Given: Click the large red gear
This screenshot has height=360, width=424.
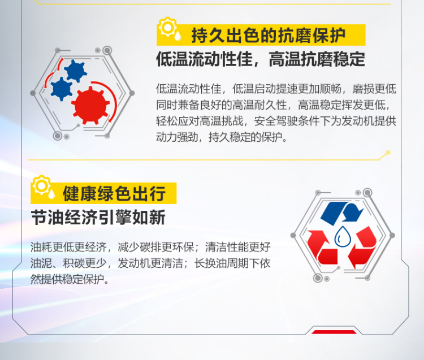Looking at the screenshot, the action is pos(90,106).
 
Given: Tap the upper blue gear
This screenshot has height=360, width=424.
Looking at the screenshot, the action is pos(75,71).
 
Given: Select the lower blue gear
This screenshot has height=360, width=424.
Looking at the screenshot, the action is pos(62,89).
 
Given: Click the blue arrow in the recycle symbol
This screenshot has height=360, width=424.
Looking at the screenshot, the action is pos(342,213).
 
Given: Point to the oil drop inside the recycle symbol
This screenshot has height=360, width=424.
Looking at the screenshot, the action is pos(343,236).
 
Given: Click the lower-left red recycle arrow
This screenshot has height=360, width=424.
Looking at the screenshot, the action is pos(322,248).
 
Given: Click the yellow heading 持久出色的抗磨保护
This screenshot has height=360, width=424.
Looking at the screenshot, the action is pos(268,36).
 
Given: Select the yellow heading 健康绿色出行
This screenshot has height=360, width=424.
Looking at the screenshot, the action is pos(114,193).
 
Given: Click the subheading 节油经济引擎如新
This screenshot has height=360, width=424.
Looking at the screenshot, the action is pos(98,218).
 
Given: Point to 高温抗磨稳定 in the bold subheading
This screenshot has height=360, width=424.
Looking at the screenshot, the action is pos(317,59).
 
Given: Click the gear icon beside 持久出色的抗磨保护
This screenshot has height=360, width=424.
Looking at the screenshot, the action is pos(168,27).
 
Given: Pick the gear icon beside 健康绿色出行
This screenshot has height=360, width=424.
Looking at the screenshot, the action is pos(41,185).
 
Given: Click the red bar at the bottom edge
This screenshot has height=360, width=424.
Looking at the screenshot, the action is pos(334,332).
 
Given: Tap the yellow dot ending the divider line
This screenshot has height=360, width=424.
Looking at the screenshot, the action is pos(388,153).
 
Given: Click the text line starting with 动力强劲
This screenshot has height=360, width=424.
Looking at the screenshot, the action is pos(222,137).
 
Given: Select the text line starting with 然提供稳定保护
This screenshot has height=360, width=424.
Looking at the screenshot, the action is pos(70,279).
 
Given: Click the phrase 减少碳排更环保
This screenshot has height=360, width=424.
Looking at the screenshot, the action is pos(155,247).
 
